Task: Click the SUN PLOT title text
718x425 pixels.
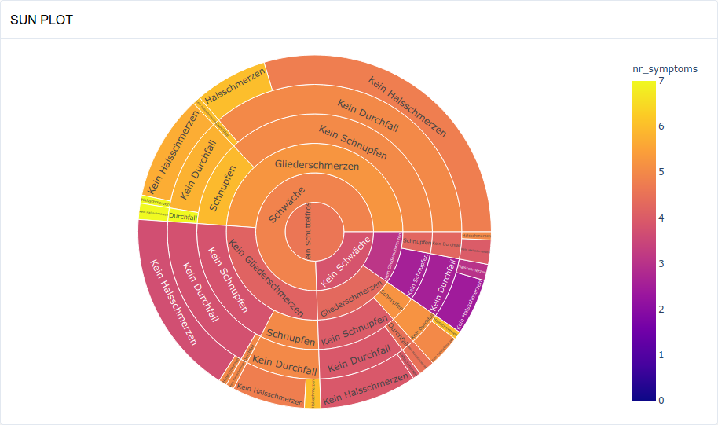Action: click(42, 20)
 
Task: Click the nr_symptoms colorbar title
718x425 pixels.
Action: click(665, 69)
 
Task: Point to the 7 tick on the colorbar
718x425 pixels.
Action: click(661, 80)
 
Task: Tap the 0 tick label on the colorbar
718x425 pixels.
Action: click(661, 401)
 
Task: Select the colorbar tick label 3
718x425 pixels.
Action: click(661, 263)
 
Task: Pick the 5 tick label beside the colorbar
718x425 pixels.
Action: click(661, 172)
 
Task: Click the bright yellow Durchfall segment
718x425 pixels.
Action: click(182, 215)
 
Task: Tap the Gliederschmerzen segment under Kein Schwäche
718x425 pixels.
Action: click(348, 299)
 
